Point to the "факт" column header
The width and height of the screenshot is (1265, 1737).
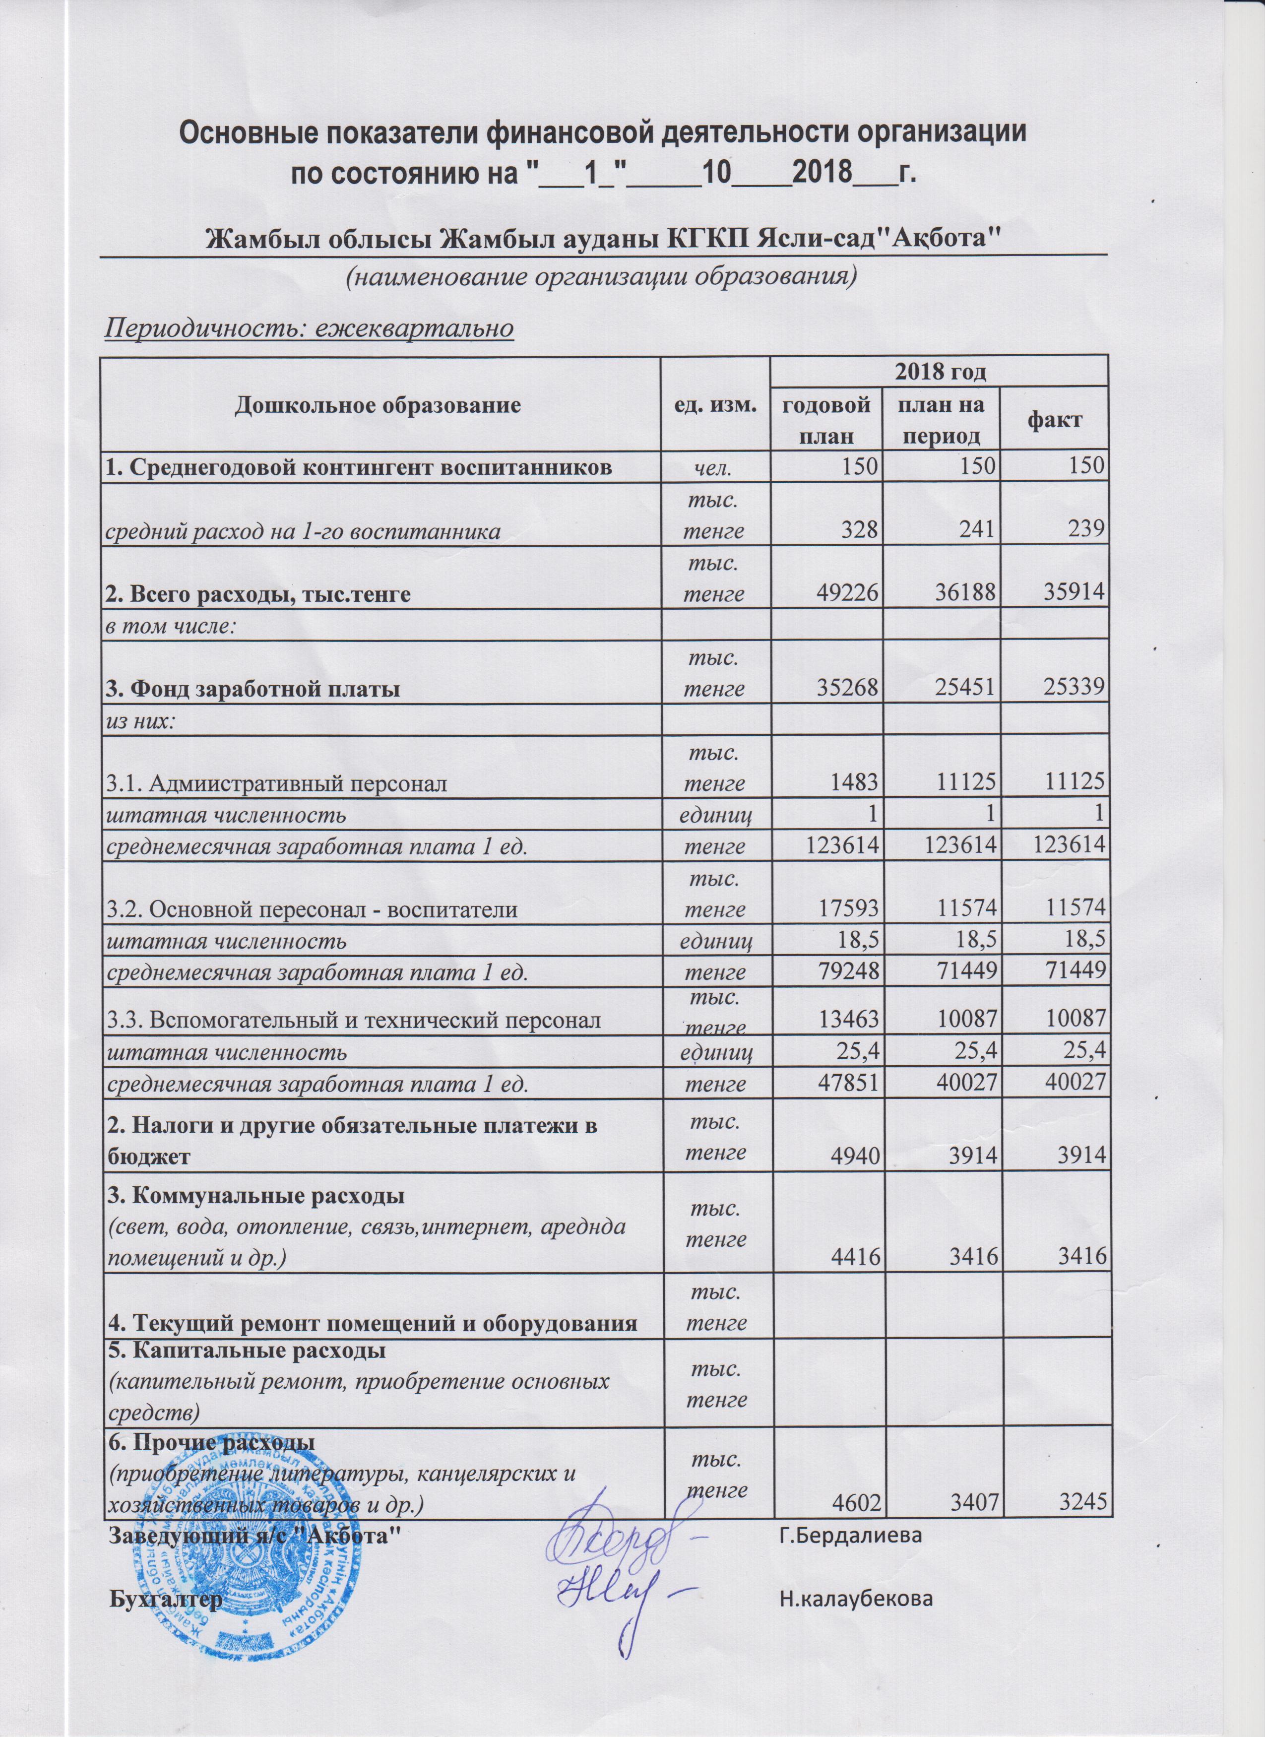(x=1056, y=420)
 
